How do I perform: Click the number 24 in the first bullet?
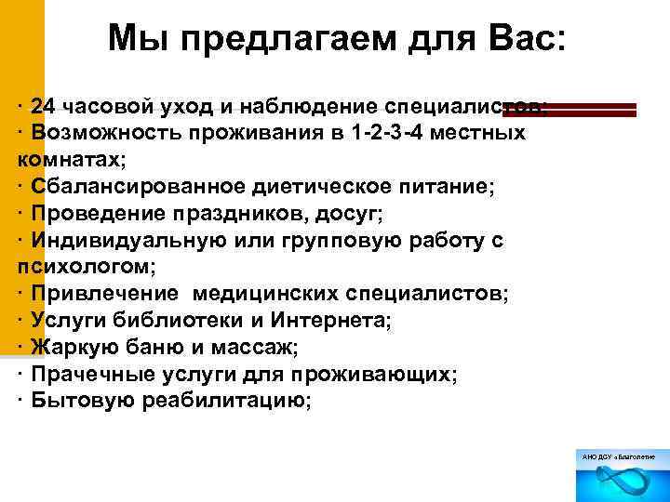point(44,106)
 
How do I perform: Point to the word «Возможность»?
point(105,133)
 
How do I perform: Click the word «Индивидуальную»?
point(123,241)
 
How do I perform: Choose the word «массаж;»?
point(261,348)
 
